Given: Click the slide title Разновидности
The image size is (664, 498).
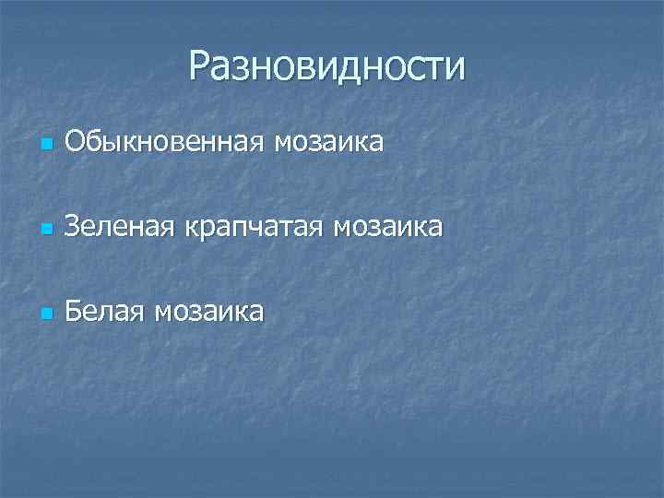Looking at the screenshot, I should click(327, 66).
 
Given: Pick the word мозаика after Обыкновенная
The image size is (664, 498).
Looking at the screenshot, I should click(329, 142).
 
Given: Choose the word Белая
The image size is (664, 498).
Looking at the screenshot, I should click(103, 311).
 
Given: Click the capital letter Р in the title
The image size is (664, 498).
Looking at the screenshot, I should click(200, 66).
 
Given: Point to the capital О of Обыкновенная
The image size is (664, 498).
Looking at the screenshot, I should click(76, 142).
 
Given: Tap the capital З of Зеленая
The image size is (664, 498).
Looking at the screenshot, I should click(73, 226).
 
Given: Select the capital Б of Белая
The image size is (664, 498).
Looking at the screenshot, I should click(74, 311).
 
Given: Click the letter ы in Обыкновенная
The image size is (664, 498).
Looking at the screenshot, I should click(108, 144).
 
